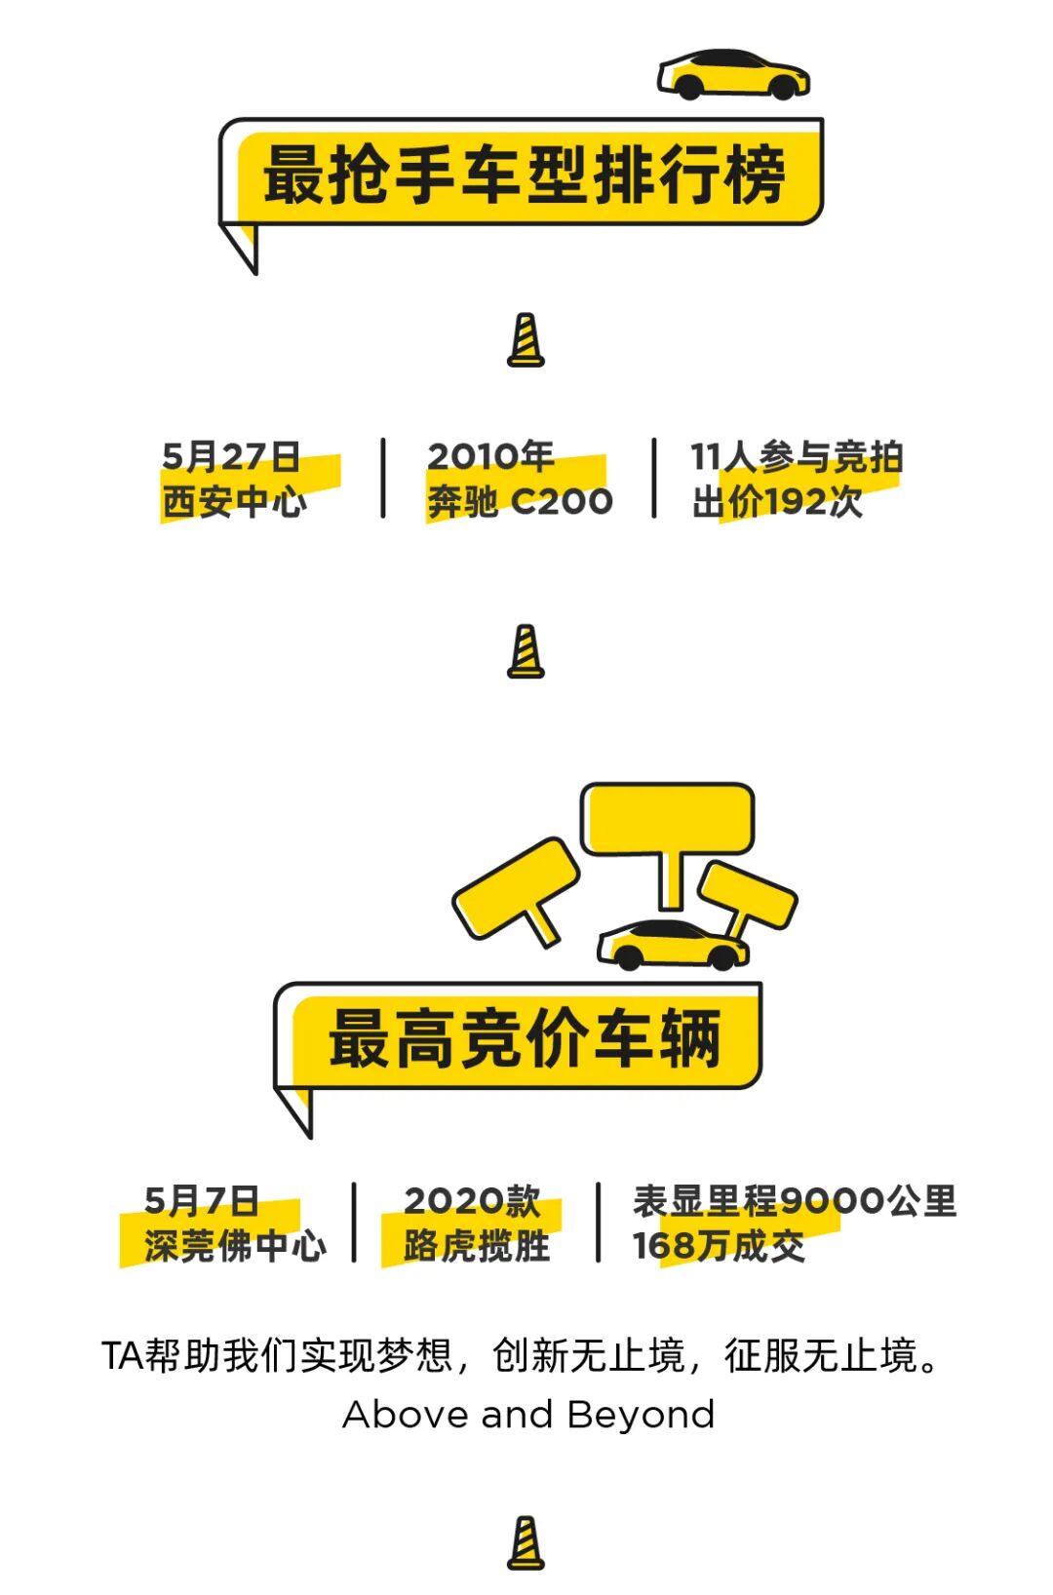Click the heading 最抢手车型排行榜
[x=524, y=176]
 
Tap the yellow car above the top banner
[x=733, y=75]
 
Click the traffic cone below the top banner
[x=526, y=340]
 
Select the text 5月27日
[x=230, y=456]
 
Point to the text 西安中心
[x=234, y=502]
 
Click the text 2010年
[x=489, y=456]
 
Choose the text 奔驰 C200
[x=520, y=502]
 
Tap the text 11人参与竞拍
[x=797, y=456]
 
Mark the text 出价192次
[x=777, y=502]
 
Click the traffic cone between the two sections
[x=526, y=651]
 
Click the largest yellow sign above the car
[x=667, y=820]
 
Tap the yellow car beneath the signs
[x=673, y=944]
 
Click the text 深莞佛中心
[x=235, y=1246]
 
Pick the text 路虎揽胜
[x=477, y=1246]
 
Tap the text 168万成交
[x=719, y=1246]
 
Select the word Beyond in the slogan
[x=641, y=1415]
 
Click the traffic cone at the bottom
[x=526, y=1543]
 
